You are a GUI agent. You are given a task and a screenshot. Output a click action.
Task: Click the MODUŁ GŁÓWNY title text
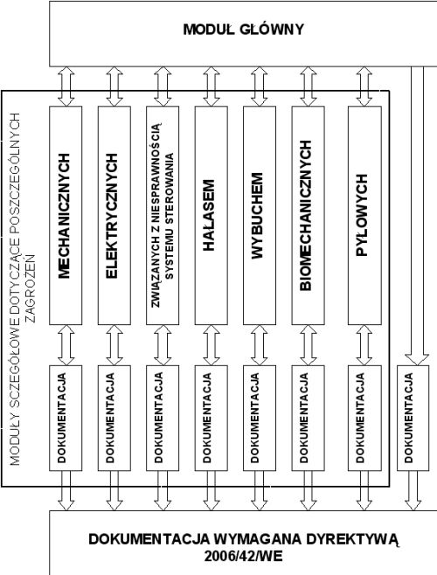244,30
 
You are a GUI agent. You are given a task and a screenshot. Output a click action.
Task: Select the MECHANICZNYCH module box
66,216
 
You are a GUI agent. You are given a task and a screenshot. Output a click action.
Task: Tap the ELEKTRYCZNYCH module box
114,216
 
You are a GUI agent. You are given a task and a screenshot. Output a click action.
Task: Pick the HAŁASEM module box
211,216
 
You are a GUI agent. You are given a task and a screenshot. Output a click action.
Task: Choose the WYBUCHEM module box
260,216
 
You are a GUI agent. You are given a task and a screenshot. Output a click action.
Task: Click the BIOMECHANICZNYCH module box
308,216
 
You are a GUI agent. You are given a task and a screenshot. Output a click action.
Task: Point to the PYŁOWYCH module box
364,216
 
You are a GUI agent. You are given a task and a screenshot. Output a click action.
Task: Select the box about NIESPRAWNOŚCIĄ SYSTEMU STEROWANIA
163,216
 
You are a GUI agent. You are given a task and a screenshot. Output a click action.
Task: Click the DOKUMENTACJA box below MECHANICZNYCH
66,418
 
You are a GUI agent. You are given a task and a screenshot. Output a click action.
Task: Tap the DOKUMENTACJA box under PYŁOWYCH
364,418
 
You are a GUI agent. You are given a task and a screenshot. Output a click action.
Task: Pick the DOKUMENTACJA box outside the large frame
413,418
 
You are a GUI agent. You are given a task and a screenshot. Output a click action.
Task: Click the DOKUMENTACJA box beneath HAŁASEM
211,418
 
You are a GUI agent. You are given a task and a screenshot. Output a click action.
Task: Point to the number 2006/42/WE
244,557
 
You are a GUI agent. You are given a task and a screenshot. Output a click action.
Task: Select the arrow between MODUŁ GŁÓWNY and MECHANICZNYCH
66,87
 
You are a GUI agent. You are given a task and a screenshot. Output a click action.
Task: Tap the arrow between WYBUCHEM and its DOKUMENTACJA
260,345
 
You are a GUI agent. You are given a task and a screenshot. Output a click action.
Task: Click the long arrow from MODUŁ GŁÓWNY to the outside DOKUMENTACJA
417,216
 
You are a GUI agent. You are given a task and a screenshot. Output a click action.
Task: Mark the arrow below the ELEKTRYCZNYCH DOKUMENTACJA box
114,490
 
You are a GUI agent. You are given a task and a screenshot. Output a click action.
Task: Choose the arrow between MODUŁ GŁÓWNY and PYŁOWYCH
364,87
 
